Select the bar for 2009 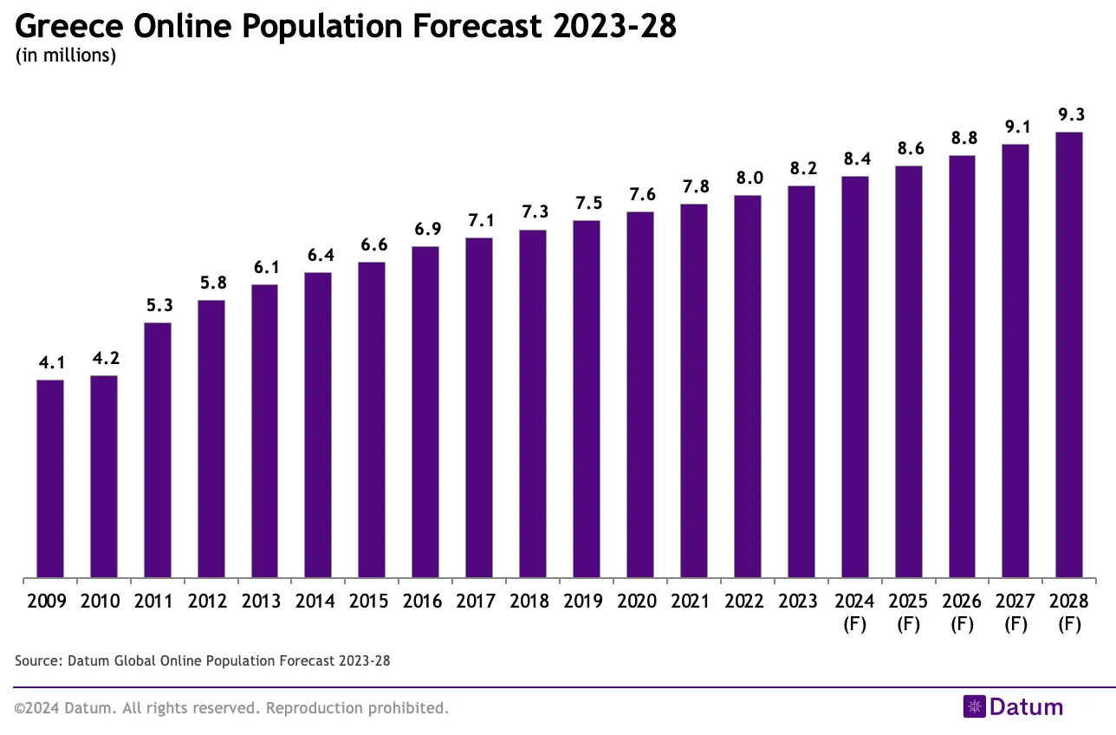(50, 478)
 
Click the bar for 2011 (158, 450)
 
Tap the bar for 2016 (425, 412)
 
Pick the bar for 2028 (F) (1069, 354)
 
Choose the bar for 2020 (640, 394)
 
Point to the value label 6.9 (425, 230)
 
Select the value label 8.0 (748, 179)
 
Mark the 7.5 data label (587, 204)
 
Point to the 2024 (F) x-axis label (855, 612)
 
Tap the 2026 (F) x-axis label (963, 612)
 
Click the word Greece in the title (68, 28)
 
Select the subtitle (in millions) (66, 56)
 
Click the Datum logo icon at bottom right (974, 706)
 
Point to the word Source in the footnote (36, 661)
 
